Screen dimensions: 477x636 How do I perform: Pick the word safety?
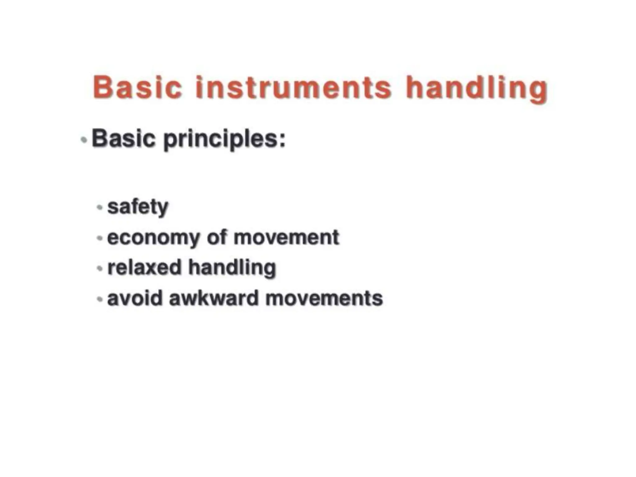point(138,207)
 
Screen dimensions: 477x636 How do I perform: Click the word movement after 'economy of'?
point(286,238)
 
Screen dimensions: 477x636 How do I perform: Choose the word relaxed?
point(144,267)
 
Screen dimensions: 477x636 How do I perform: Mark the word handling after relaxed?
point(232,268)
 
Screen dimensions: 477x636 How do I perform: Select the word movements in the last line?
point(324,299)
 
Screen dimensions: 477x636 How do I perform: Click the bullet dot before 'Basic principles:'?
point(84,140)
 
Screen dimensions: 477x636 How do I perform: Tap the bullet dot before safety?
point(100,207)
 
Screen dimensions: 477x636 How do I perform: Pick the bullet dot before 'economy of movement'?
point(100,238)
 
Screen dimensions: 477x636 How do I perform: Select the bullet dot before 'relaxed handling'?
point(100,268)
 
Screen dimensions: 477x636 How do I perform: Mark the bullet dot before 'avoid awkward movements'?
point(100,299)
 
